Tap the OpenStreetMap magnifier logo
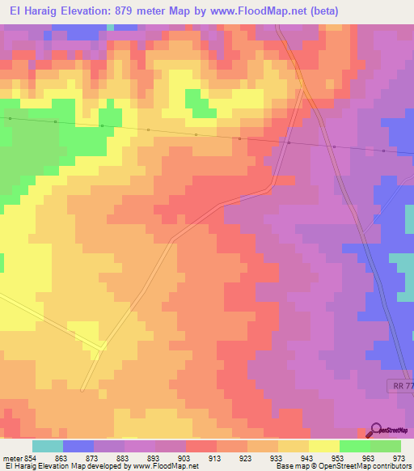coord(374,430)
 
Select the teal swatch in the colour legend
coord(48,446)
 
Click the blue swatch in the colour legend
coord(78,446)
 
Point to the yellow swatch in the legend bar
coord(324,446)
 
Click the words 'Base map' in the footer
coord(289,467)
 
